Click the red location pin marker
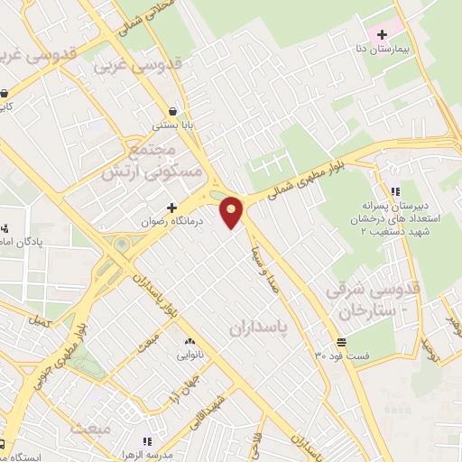coord(233,213)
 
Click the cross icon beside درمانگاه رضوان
coord(172,208)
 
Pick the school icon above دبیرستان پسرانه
coord(395,190)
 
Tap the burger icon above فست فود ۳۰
coord(341,342)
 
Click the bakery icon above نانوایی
coord(189,342)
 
